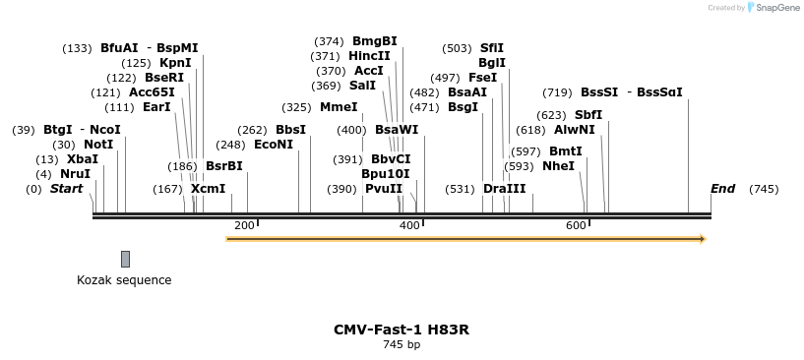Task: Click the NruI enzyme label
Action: tap(76, 174)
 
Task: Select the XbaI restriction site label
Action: tap(83, 159)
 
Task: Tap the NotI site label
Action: tap(98, 145)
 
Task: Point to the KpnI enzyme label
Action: tap(175, 63)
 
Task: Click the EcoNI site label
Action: tap(274, 145)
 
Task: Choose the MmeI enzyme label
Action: tap(340, 107)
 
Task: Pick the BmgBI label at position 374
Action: tap(375, 41)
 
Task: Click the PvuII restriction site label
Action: tap(384, 189)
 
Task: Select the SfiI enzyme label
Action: tap(492, 48)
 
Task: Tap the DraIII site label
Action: tap(505, 189)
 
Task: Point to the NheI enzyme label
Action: tap(558, 166)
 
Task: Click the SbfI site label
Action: tap(588, 115)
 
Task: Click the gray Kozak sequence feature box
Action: tap(125, 259)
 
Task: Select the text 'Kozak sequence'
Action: tap(124, 280)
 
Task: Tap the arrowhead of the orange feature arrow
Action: tap(702, 238)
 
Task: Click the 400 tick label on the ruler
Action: tap(409, 226)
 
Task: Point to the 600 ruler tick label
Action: tap(576, 226)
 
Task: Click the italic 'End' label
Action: tap(722, 189)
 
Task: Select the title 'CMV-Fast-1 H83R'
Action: tap(402, 330)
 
